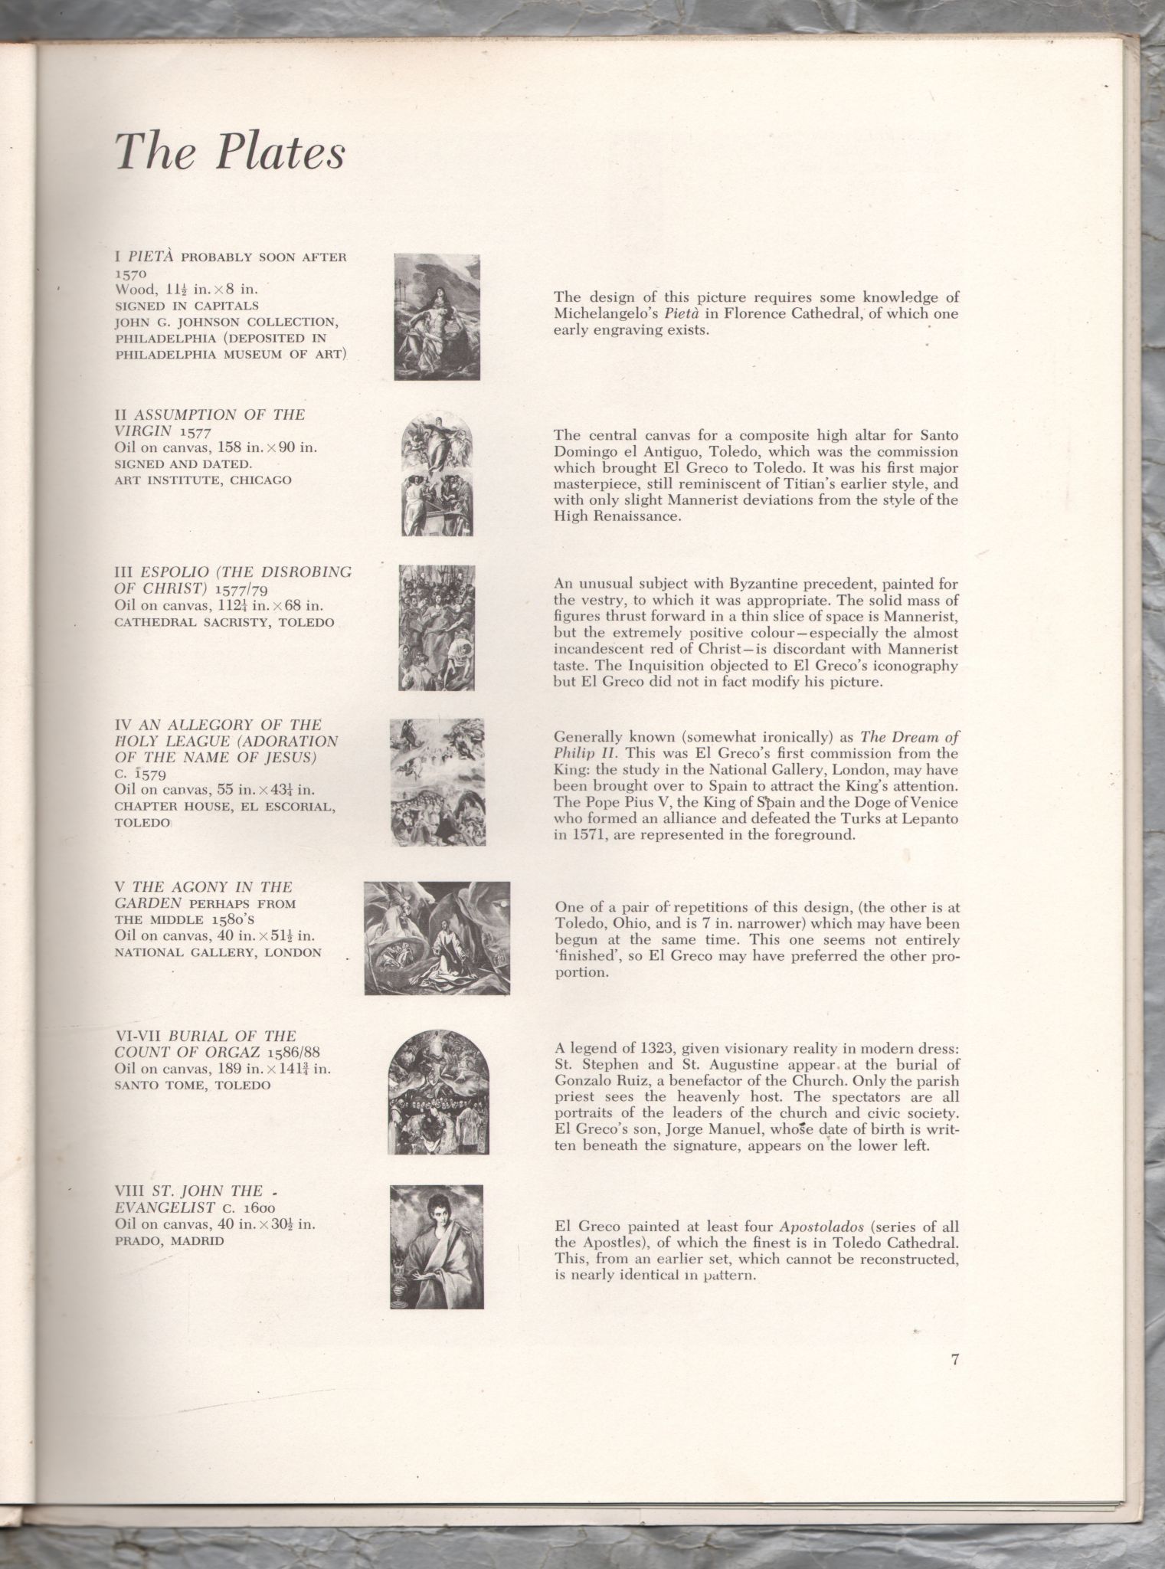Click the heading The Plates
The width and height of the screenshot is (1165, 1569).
click(x=230, y=151)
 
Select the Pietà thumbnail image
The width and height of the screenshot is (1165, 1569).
click(x=437, y=316)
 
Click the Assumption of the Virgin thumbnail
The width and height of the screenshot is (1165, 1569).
click(x=437, y=473)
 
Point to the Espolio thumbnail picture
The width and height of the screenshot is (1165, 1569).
click(x=437, y=627)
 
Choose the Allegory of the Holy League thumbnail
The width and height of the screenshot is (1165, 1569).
click(x=437, y=782)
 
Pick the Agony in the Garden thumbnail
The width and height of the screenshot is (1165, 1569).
click(x=437, y=938)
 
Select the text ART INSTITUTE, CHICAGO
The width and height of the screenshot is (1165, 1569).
click(x=203, y=481)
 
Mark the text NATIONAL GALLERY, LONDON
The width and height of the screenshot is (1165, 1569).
click(x=218, y=953)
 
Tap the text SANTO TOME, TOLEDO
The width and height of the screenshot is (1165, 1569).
click(x=192, y=1086)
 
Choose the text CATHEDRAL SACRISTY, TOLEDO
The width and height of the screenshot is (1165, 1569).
click(x=224, y=622)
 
